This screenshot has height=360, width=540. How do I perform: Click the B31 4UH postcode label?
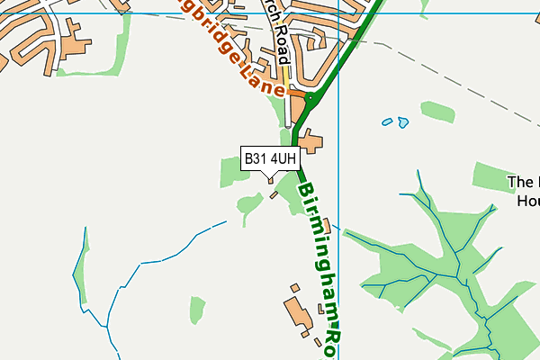270,159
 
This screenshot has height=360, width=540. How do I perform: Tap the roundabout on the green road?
310,97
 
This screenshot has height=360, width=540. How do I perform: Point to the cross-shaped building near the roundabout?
311,141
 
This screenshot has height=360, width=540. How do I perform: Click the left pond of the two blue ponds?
387,121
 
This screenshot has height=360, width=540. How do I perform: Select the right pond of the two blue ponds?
402,121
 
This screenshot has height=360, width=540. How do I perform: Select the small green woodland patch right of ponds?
437,112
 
